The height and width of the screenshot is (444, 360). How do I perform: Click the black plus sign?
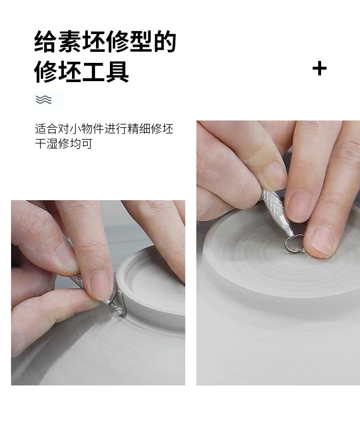point(320,69)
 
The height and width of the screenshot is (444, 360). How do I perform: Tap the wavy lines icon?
point(44,99)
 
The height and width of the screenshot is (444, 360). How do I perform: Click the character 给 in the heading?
point(46,41)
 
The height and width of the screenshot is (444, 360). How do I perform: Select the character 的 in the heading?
point(165,41)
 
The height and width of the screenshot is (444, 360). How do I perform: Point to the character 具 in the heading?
point(117,72)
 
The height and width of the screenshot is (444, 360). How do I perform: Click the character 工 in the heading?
point(93,72)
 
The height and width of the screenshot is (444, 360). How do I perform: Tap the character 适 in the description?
point(40,129)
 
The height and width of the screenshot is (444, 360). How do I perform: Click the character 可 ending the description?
point(87,144)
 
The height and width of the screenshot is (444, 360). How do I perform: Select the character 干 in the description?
point(40,144)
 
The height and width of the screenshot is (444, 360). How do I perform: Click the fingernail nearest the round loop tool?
point(322,240)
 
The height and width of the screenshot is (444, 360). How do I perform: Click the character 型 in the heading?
point(141,41)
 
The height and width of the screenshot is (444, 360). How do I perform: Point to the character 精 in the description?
point(133,129)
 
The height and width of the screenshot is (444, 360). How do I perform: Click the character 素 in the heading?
point(70,41)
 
